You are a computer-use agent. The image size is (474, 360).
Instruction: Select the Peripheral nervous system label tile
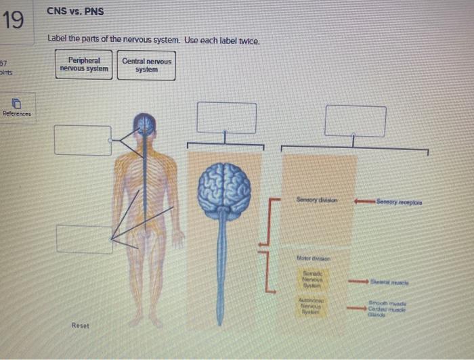pos(84,65)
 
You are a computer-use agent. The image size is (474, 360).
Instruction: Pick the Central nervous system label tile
pos(146,65)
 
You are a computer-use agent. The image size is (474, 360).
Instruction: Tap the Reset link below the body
pos(80,326)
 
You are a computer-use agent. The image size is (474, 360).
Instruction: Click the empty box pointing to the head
pos(83,139)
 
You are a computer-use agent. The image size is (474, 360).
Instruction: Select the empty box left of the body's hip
pos(84,239)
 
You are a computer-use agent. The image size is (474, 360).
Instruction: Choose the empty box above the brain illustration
pos(226,118)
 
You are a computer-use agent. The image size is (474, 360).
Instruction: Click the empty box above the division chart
pos(355,120)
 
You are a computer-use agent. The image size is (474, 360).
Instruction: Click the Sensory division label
pos(317,200)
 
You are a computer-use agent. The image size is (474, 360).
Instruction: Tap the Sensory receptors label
pos(401,200)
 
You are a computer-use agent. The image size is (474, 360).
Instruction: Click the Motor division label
pos(314,258)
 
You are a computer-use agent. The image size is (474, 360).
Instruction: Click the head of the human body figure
pos(144,124)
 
